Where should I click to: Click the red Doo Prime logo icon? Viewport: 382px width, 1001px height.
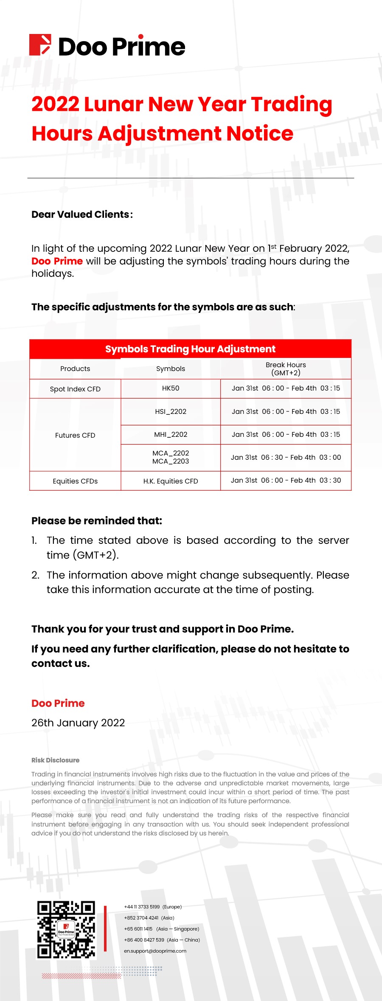coord(40,45)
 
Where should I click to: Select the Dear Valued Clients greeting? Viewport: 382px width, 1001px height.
coord(82,214)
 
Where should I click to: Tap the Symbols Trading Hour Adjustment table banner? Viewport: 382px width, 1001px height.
coord(190,349)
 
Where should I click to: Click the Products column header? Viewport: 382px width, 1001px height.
coord(75,368)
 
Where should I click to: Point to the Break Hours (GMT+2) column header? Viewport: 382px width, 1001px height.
coord(286,368)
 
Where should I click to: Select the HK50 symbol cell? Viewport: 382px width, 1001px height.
coord(171,388)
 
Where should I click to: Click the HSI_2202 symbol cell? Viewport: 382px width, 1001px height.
coord(171,411)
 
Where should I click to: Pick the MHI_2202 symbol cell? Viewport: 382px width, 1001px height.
coord(171,435)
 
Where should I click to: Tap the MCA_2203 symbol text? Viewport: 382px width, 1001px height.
coord(171,461)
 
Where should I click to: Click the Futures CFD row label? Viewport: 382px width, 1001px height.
coord(75,435)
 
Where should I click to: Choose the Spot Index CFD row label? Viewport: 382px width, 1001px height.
coord(75,389)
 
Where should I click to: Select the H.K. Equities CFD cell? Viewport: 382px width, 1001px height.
coord(171,481)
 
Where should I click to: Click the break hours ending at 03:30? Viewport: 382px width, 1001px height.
coord(286,480)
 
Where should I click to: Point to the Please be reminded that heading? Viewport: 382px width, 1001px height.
coord(97,521)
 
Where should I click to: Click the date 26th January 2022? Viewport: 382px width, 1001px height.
coord(78,723)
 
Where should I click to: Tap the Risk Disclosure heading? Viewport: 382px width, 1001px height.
coord(56,760)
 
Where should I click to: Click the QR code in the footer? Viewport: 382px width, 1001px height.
coord(66,930)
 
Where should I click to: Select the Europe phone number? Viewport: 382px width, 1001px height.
coord(153,907)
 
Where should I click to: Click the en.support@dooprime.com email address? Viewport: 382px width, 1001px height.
coord(155,951)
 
